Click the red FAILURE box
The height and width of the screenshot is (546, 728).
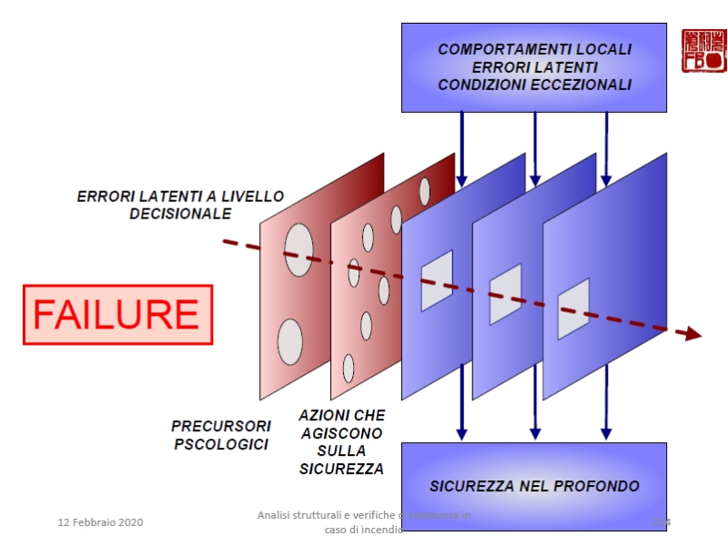pyautogui.click(x=116, y=315)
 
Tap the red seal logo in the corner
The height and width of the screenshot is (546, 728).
pyautogui.click(x=703, y=50)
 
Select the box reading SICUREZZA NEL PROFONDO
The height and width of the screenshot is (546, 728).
pyautogui.click(x=534, y=486)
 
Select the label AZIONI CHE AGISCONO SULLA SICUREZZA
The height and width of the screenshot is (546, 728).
pyautogui.click(x=341, y=441)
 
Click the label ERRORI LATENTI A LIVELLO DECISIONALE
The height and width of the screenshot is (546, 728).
pyautogui.click(x=180, y=205)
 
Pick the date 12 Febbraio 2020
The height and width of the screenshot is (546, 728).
pyautogui.click(x=100, y=522)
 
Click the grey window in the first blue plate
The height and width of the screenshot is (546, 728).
pyautogui.click(x=437, y=279)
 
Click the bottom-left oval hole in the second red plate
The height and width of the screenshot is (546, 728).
pyautogui.click(x=349, y=369)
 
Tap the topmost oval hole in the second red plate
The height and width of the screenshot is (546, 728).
pyautogui.click(x=424, y=191)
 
